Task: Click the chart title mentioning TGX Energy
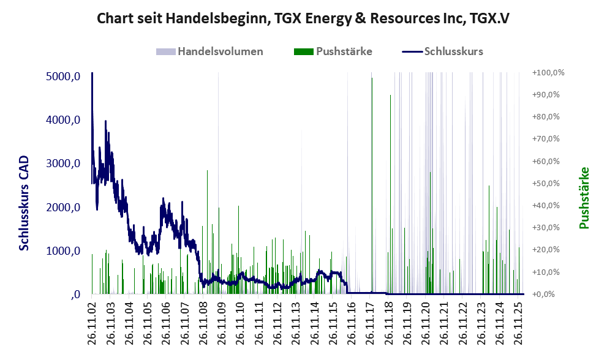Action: (303, 19)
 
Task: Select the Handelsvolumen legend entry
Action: (220, 51)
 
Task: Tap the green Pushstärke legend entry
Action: (344, 51)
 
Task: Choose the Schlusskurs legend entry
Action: (453, 51)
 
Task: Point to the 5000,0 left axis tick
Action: (64, 77)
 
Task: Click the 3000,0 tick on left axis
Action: (64, 163)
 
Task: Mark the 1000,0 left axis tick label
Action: (64, 251)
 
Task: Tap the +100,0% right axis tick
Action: (548, 73)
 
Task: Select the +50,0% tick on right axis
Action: (549, 184)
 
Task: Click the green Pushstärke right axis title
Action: (584, 197)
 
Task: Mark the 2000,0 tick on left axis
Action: (64, 208)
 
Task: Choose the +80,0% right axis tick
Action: (549, 117)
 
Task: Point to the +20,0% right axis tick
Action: (549, 250)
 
